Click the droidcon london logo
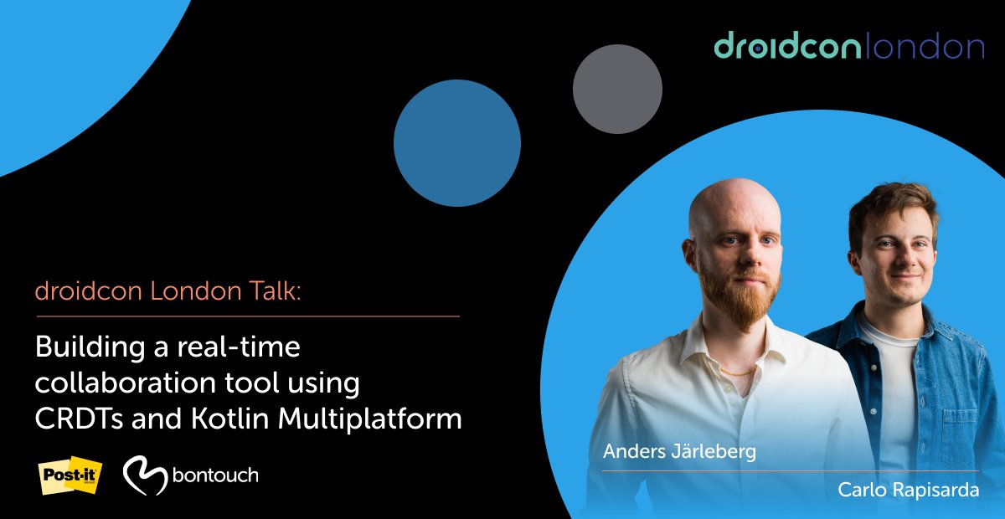[848, 47]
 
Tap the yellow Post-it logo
[70, 475]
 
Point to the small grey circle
[617, 89]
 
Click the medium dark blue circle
[456, 143]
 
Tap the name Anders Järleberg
[679, 452]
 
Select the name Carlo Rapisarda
[909, 491]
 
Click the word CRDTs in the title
[71, 419]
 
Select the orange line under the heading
[247, 316]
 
